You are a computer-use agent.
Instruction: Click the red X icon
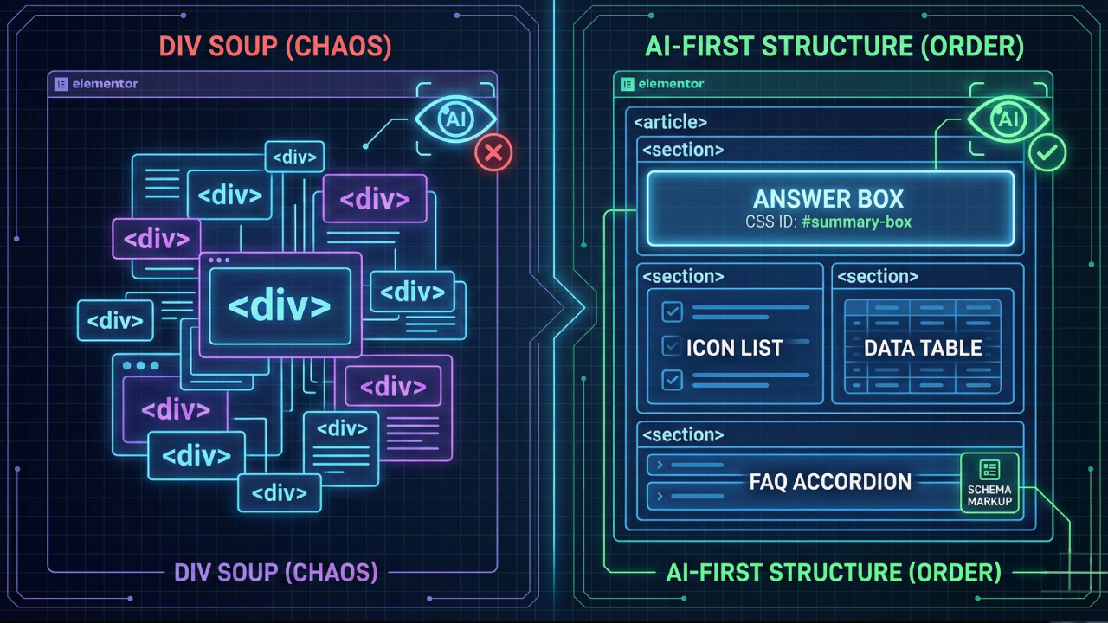493,153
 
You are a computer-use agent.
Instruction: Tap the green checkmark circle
1047,152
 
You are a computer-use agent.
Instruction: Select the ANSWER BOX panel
830,208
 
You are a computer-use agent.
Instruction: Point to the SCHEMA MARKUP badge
989,483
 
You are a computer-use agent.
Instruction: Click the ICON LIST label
734,349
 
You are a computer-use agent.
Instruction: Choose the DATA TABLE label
923,348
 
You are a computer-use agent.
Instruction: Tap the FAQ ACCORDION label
830,482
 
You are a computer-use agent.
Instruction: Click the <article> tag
670,122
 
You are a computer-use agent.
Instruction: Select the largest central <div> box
280,305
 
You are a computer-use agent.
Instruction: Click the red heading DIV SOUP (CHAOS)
274,48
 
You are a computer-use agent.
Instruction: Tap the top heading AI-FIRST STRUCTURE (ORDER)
834,48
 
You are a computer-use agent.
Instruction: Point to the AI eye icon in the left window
455,120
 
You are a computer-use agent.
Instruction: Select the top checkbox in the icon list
672,311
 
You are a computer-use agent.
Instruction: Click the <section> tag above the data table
878,277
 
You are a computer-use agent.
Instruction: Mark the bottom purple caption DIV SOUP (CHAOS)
275,572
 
